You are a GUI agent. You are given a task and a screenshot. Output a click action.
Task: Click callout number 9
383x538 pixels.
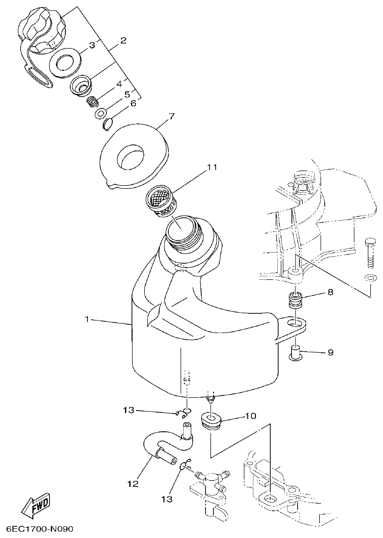(x=330, y=352)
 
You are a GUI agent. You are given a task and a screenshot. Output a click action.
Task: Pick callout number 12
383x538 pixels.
(x=133, y=484)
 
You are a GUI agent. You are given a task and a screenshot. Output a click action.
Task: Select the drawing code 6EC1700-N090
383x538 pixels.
(x=37, y=529)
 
